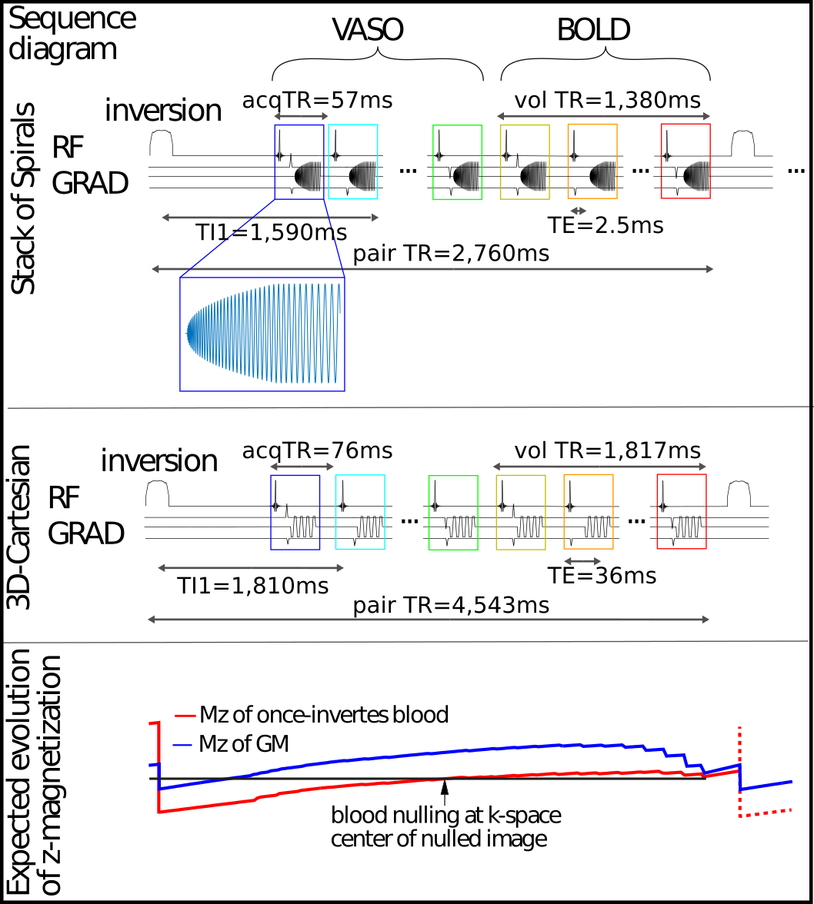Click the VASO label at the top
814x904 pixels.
tap(368, 30)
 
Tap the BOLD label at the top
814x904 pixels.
tap(593, 30)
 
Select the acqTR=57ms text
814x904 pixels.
tap(317, 100)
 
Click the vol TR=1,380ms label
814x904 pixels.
tap(607, 100)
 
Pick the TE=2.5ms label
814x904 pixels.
tap(605, 225)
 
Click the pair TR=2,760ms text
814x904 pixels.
tap(452, 253)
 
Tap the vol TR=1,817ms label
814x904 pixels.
tap(607, 449)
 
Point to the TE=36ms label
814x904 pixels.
tap(602, 575)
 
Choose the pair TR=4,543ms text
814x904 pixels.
tap(452, 605)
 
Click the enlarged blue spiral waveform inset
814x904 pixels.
tap(262, 334)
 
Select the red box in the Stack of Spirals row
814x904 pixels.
tap(686, 162)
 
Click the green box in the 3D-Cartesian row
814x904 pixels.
tap(452, 513)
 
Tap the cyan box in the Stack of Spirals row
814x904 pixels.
tap(352, 162)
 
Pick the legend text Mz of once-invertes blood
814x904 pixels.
tap(323, 715)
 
